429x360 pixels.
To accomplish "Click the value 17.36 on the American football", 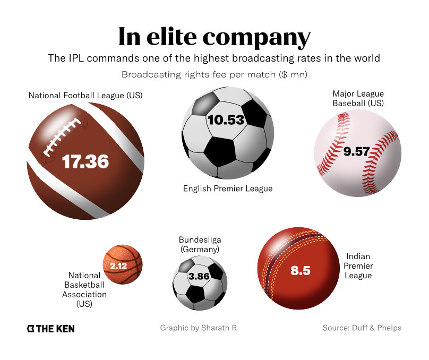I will pyautogui.click(x=85, y=161).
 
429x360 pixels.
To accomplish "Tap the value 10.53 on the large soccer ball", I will pyautogui.click(x=226, y=120).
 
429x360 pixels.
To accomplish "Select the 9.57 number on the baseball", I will pyautogui.click(x=356, y=151).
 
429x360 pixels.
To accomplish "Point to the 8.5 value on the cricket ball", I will pyautogui.click(x=300, y=270).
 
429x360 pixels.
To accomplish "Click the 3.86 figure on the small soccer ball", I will pyautogui.click(x=199, y=276).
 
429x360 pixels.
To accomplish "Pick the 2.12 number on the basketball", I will pyautogui.click(x=118, y=265).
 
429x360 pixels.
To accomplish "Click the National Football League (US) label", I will pyautogui.click(x=85, y=96).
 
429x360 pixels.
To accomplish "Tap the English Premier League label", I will pyautogui.click(x=228, y=188).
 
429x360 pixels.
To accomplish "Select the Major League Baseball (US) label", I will pyautogui.click(x=358, y=98).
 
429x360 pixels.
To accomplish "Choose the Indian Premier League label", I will pyautogui.click(x=358, y=265).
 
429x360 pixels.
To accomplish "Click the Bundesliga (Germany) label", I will pyautogui.click(x=199, y=244).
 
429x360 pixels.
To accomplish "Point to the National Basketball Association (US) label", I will pyautogui.click(x=84, y=290).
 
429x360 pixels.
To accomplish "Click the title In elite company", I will pyautogui.click(x=214, y=37).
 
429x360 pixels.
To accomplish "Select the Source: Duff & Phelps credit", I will pyautogui.click(x=362, y=328).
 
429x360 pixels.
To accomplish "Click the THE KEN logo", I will pyautogui.click(x=51, y=329).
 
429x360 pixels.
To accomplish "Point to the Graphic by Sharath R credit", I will pyautogui.click(x=198, y=328).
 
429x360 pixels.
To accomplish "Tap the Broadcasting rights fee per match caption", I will pyautogui.click(x=214, y=74).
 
